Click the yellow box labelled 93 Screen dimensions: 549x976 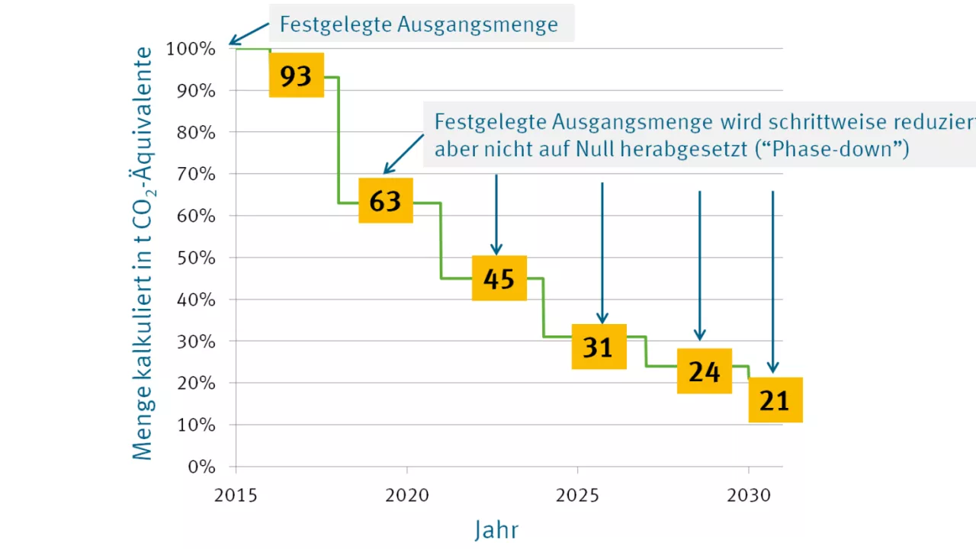297,75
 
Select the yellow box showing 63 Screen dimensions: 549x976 386,201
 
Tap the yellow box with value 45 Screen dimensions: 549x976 499,278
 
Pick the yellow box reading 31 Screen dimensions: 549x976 599,347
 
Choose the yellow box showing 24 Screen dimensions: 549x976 705,371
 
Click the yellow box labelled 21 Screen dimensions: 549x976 775,400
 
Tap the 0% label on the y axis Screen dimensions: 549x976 201,467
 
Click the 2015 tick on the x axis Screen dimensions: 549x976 235,495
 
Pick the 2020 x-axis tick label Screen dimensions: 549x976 406,495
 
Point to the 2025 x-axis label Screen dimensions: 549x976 577,495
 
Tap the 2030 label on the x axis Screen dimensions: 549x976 748,495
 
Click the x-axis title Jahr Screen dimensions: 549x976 496,529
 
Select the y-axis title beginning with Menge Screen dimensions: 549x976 143,252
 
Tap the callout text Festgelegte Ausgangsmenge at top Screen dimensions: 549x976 419,24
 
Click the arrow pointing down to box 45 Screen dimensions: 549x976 496,213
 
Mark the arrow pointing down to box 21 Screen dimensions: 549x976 772,282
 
